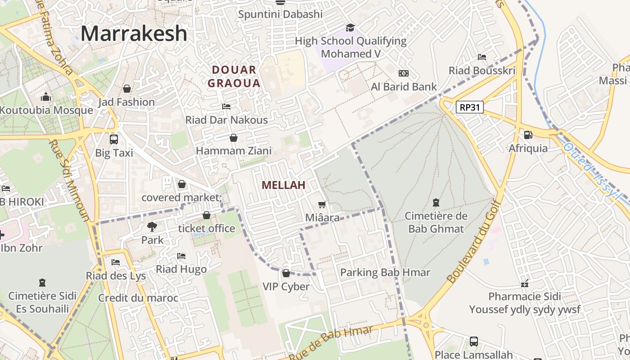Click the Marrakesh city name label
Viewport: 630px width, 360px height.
click(134, 34)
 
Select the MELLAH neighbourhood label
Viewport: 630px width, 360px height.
click(283, 185)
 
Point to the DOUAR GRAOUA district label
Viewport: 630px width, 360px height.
click(234, 76)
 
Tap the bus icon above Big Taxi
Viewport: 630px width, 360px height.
click(114, 139)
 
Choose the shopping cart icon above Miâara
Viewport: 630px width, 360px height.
click(322, 205)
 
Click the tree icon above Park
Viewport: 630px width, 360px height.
click(152, 226)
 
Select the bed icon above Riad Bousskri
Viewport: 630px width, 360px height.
click(482, 57)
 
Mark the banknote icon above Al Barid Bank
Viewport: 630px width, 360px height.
click(404, 73)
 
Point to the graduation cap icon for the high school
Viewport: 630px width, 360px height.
click(350, 28)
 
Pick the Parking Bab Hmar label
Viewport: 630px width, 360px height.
click(385, 272)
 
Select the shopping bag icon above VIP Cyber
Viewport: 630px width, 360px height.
click(286, 273)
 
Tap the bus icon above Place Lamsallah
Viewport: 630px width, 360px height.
click(474, 341)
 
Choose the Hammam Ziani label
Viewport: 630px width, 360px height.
click(234, 151)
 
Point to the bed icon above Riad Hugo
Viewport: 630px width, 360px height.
click(181, 256)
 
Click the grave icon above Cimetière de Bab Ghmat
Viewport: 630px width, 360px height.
click(436, 202)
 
